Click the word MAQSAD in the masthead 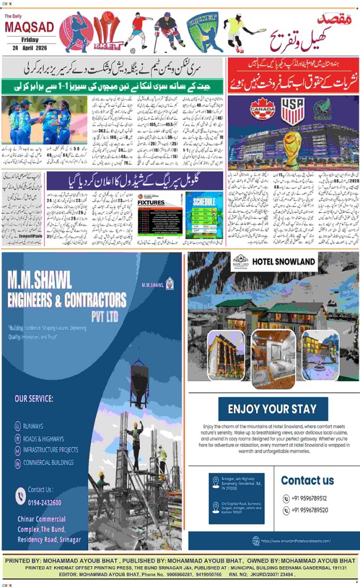(x=30, y=27)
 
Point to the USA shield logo (x=292, y=110)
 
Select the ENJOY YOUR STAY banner (x=272, y=408)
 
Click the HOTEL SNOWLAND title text (x=284, y=260)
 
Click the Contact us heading (x=307, y=480)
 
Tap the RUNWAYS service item (x=33, y=426)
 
